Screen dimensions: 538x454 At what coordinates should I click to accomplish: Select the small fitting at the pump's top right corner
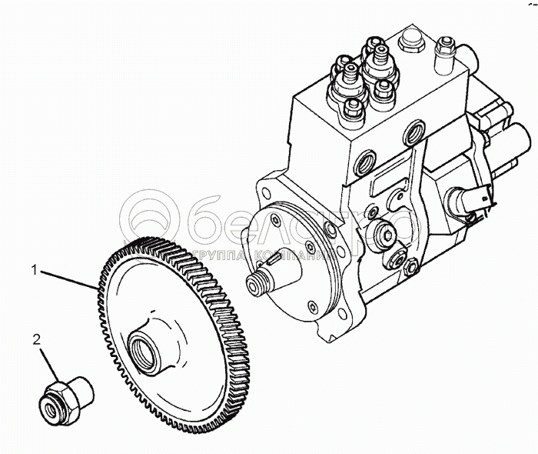(443, 50)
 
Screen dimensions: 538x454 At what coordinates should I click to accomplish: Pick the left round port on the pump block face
(364, 162)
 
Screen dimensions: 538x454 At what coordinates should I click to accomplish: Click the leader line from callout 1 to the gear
(69, 279)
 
